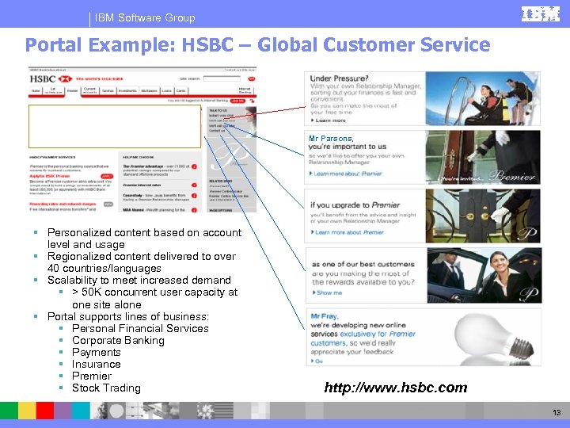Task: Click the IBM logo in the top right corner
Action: pos(541,13)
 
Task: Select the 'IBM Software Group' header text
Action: pos(145,17)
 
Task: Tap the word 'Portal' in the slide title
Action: pos(55,45)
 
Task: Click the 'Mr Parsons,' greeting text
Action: pos(331,139)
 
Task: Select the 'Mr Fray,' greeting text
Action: pos(325,315)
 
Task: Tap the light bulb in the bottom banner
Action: pos(507,342)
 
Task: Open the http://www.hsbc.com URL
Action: pos(396,388)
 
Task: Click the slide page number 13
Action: pos(557,413)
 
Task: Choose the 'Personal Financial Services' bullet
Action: pos(140,328)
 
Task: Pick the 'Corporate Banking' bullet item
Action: pos(118,340)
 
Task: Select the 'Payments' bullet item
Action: pos(97,352)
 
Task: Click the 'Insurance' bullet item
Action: pos(97,364)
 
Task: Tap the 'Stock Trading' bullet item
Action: pos(106,388)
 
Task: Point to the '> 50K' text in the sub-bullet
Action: pos(86,292)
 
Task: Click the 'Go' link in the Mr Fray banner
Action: pos(319,361)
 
